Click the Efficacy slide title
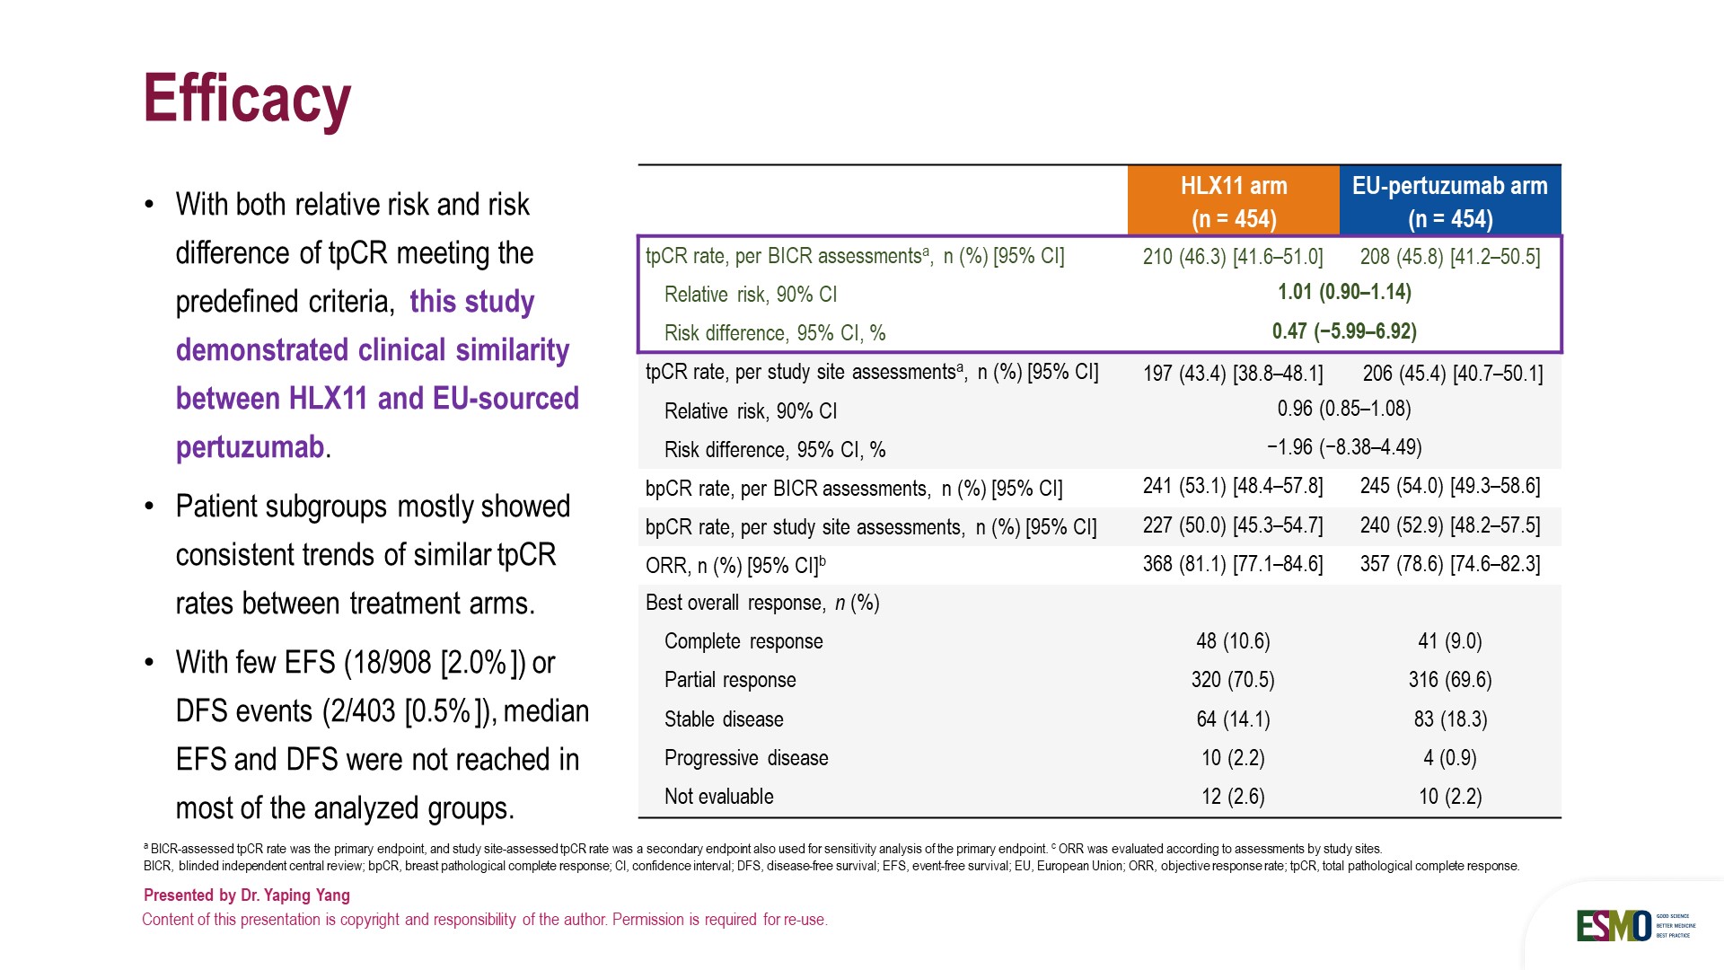[247, 99]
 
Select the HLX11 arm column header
[1233, 201]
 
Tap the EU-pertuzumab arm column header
[1449, 201]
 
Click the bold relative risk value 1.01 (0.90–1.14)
[1344, 292]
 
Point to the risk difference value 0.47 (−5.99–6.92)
[1344, 331]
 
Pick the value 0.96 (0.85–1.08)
[1344, 409]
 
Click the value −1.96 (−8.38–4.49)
[1344, 447]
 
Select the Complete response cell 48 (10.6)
[1233, 641]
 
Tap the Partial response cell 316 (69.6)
[1449, 680]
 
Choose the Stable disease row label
[724, 719]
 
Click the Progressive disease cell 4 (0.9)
[1449, 758]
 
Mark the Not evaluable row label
[718, 797]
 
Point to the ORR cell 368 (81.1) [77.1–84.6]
[1233, 564]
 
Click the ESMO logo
[1614, 926]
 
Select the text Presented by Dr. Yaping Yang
[247, 895]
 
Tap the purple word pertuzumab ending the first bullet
[250, 447]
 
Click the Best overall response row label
[762, 603]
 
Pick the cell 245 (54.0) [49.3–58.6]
[1449, 487]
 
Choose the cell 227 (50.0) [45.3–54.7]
[1233, 525]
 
